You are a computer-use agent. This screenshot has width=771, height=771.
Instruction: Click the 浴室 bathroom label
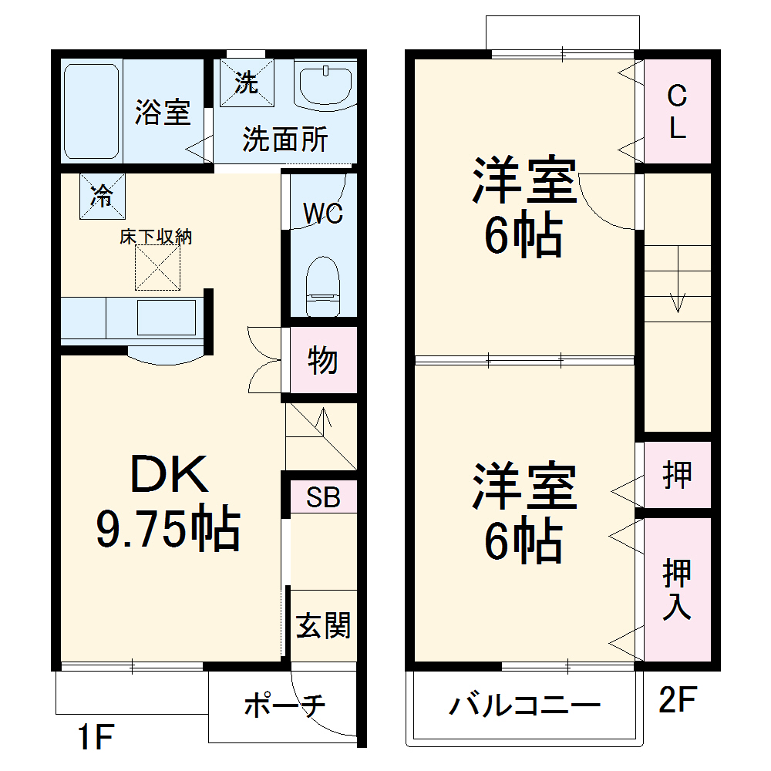pos(162,113)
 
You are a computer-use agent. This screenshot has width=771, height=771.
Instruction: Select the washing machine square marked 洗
pos(247,82)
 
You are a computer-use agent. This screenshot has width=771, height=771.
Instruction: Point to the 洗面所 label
pos(284,140)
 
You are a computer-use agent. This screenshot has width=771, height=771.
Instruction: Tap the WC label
pos(322,214)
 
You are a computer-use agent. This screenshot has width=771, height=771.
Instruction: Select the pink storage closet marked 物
pos(323,360)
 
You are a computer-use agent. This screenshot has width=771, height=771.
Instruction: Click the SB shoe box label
pos(323,497)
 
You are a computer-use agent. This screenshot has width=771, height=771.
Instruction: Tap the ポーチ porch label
pos(284,705)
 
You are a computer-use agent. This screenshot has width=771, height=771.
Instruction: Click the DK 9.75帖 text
pos(168,502)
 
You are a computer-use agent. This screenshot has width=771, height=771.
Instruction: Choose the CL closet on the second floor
pos(677,112)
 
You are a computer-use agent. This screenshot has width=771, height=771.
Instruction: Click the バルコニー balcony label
pos(525,705)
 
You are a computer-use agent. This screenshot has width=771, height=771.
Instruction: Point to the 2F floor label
pos(678,701)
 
